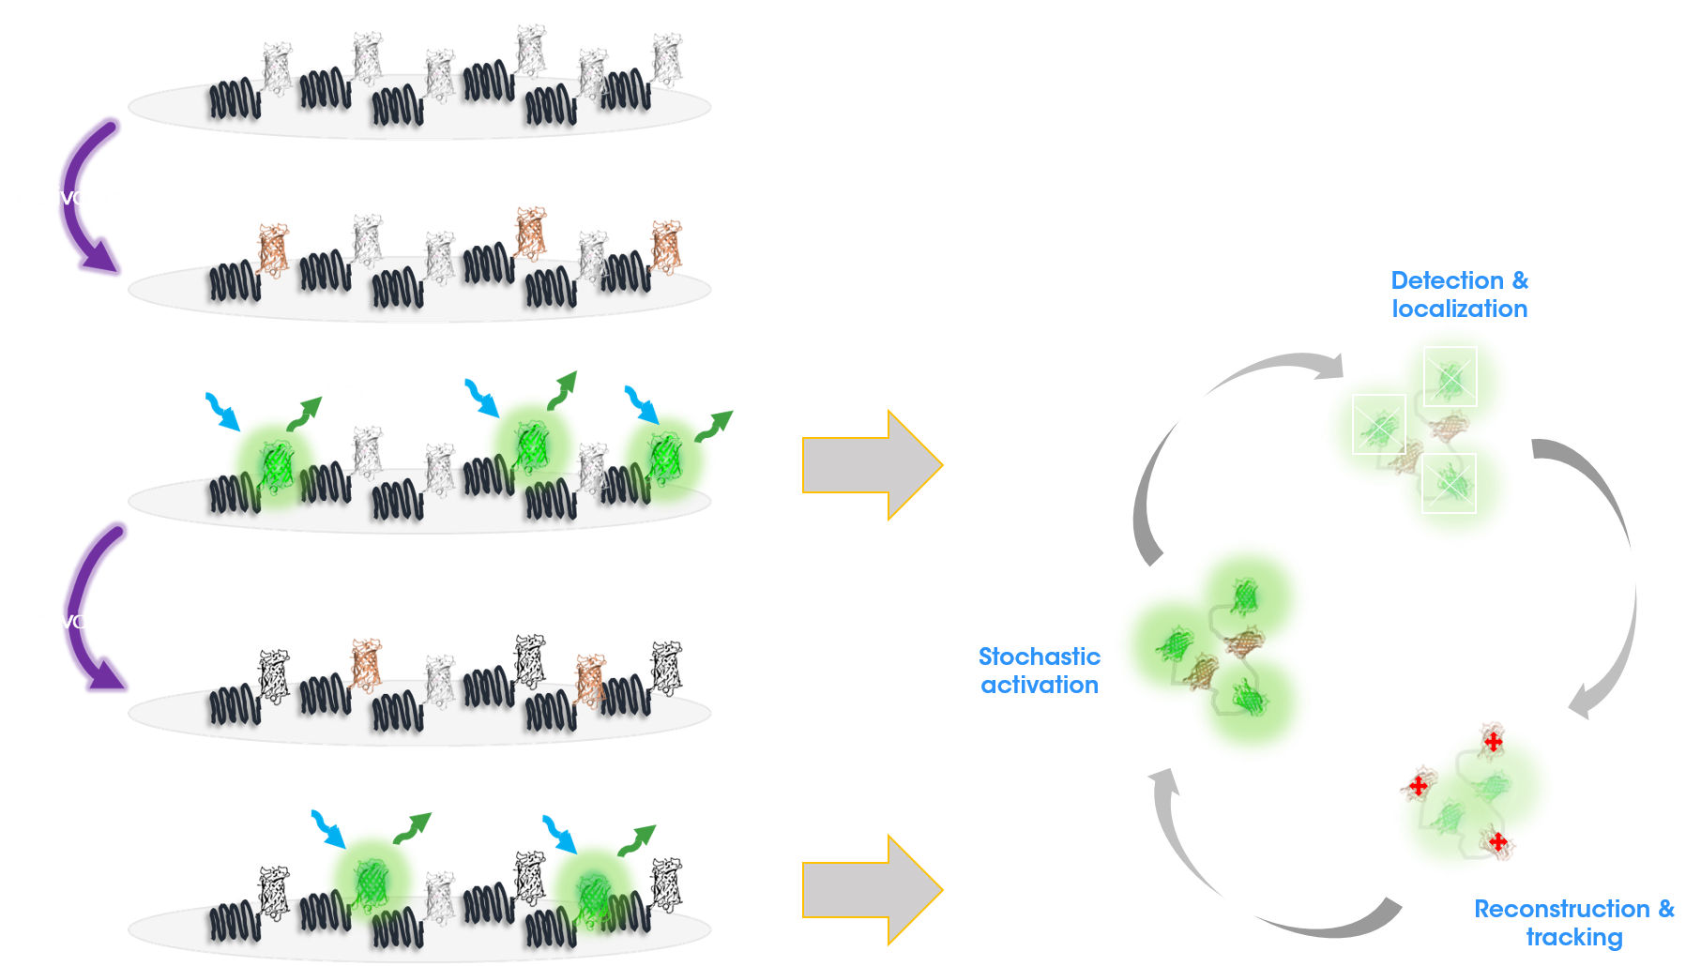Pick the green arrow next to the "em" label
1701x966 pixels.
[x=303, y=414]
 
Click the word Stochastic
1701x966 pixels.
[x=1039, y=657]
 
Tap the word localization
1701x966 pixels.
[x=1460, y=309]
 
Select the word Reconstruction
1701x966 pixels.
[x=1562, y=909]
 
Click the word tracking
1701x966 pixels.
[x=1574, y=937]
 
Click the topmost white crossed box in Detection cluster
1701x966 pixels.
[x=1450, y=376]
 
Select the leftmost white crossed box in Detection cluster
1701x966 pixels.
[x=1379, y=424]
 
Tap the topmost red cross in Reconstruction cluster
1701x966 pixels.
[x=1493, y=742]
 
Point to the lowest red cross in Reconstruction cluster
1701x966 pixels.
[x=1498, y=841]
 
